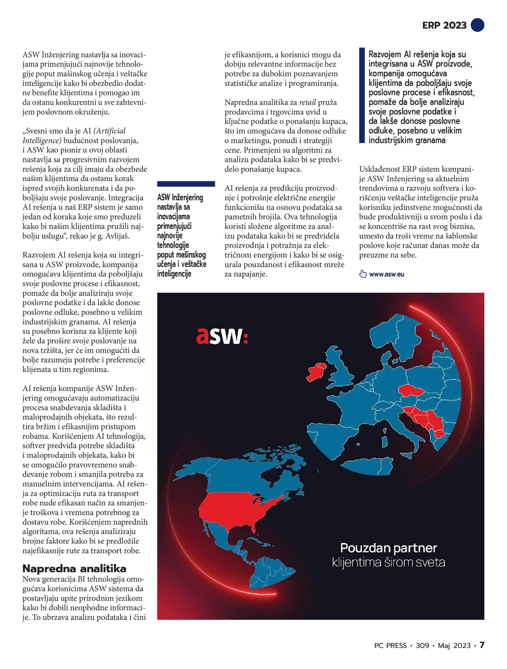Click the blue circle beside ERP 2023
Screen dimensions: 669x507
(477, 25)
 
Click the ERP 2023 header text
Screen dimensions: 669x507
(444, 25)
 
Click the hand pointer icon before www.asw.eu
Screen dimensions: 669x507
(362, 274)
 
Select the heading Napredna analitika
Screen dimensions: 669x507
(74, 569)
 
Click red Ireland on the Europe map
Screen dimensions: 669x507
(316, 372)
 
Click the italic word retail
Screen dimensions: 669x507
(307, 102)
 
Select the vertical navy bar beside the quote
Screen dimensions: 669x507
(362, 95)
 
